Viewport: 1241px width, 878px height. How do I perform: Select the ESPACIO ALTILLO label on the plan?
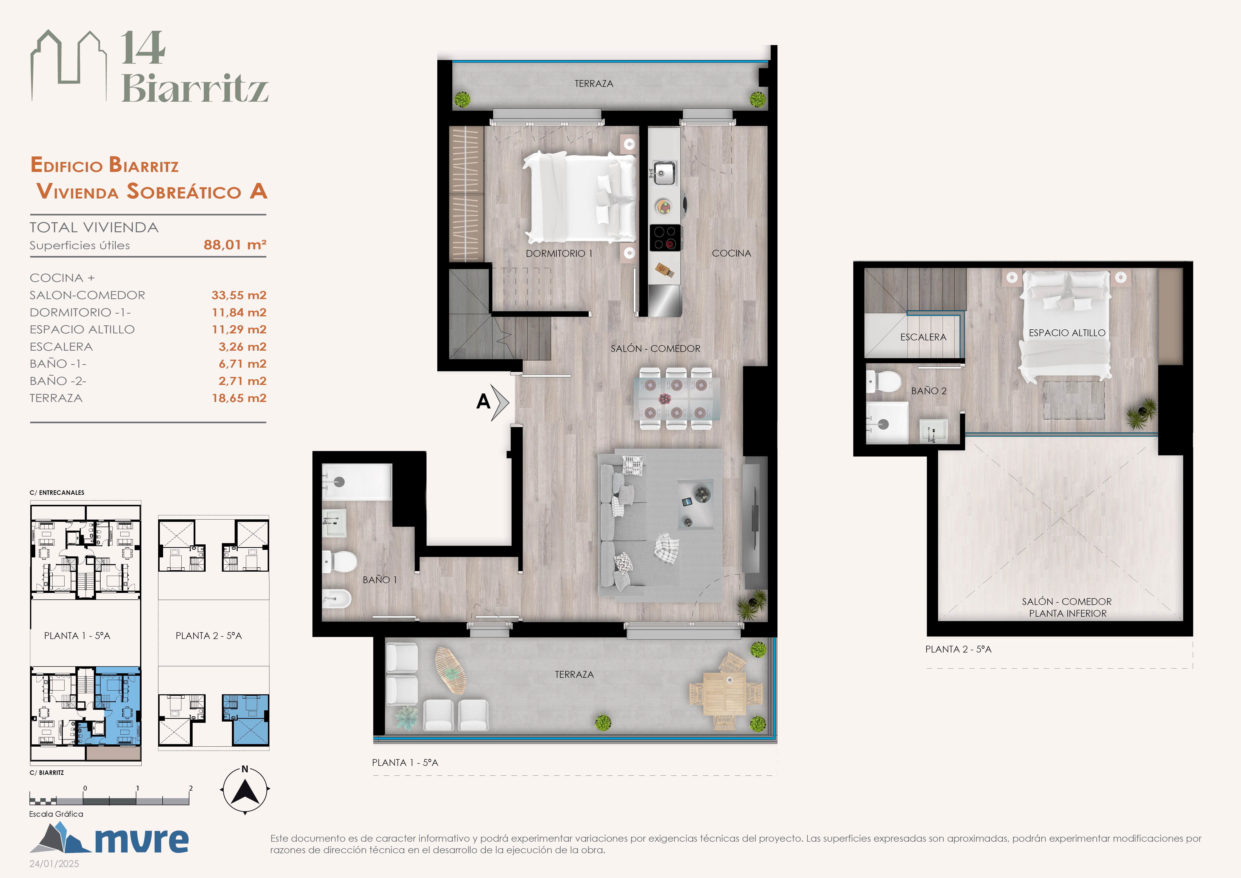click(x=1067, y=332)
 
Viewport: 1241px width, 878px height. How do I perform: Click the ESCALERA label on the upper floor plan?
click(x=923, y=337)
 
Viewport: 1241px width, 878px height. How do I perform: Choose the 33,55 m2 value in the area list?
click(x=239, y=295)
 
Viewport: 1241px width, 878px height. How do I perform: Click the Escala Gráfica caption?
click(x=56, y=814)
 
